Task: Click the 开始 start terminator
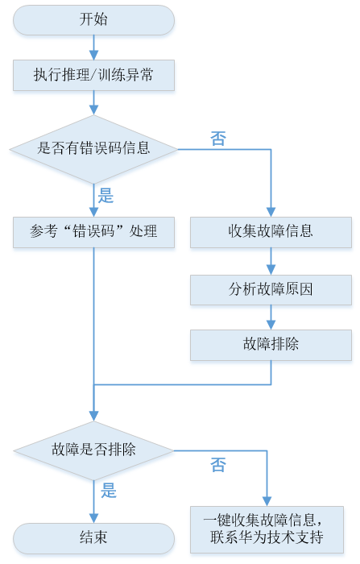(x=93, y=20)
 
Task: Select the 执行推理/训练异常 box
(x=93, y=75)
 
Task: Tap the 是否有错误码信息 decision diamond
(x=93, y=149)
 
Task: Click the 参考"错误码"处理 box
(x=93, y=232)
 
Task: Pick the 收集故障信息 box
(x=271, y=232)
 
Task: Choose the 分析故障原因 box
(x=271, y=290)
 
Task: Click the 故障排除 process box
(x=271, y=345)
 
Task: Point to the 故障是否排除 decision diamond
(x=93, y=450)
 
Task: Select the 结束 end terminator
(x=93, y=538)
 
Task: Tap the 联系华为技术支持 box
(x=267, y=529)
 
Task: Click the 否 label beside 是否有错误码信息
(x=218, y=139)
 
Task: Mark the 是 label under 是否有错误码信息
(x=106, y=196)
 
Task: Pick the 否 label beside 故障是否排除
(x=218, y=465)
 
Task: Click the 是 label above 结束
(x=109, y=491)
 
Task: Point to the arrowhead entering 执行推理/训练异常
(x=93, y=55)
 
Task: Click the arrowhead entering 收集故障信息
(x=271, y=212)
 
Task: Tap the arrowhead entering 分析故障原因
(x=271, y=270)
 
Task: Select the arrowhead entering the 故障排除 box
(x=271, y=325)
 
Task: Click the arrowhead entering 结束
(x=93, y=518)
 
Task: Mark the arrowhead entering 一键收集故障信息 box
(x=267, y=501)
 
